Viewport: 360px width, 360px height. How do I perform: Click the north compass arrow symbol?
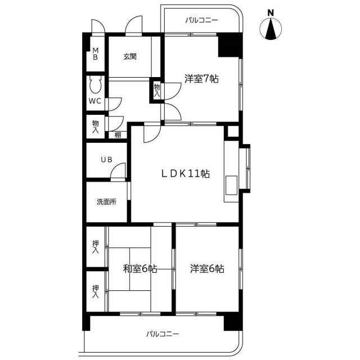pyautogui.click(x=271, y=29)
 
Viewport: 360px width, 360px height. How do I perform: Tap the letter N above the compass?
pyautogui.click(x=271, y=13)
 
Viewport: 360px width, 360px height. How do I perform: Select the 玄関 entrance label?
pyautogui.click(x=130, y=56)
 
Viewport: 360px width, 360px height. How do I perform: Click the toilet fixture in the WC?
pyautogui.click(x=95, y=84)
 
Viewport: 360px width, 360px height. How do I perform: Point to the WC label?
pyautogui.click(x=95, y=101)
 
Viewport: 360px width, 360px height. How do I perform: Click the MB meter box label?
pyautogui.click(x=96, y=53)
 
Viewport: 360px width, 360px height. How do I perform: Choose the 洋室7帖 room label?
pyautogui.click(x=201, y=79)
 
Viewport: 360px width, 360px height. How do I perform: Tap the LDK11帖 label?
pyautogui.click(x=186, y=174)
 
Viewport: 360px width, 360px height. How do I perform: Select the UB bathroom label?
pyautogui.click(x=107, y=159)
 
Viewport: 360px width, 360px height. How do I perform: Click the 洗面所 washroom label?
pyautogui.click(x=106, y=202)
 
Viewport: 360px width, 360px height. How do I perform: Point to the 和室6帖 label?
pyautogui.click(x=140, y=268)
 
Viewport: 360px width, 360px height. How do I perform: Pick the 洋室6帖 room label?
pyautogui.click(x=207, y=268)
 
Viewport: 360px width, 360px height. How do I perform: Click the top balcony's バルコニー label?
pyautogui.click(x=201, y=20)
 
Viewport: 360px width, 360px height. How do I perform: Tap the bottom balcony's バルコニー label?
pyautogui.click(x=163, y=334)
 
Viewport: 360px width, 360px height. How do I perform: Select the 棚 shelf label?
pyautogui.click(x=118, y=135)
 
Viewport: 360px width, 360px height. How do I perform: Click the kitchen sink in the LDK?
pyautogui.click(x=231, y=185)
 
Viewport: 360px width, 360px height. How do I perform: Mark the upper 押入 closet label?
pyautogui.click(x=96, y=247)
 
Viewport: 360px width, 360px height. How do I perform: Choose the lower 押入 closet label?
pyautogui.click(x=96, y=291)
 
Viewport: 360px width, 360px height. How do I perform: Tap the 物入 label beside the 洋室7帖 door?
pyautogui.click(x=157, y=90)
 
